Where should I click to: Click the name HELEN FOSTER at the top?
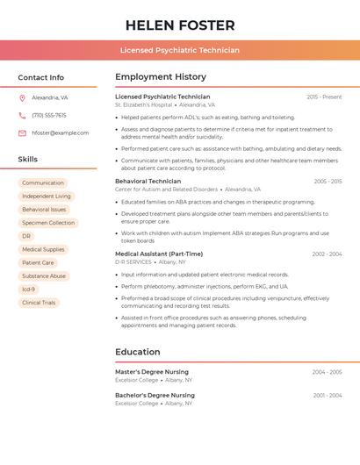pos(180,25)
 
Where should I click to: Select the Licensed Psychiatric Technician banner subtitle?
pos(180,50)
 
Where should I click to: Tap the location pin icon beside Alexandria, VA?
pos(22,98)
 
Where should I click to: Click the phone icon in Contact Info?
pos(22,115)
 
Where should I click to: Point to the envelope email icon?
pos(22,133)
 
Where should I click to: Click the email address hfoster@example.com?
pos(61,133)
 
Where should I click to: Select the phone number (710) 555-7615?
pos(49,115)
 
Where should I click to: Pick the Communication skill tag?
pos(43,182)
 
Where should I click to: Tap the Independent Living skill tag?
pos(47,197)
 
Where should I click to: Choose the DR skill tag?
pos(26,236)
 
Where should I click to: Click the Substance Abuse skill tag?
pos(44,275)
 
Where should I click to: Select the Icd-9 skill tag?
pos(29,289)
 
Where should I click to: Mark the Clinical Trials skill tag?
pos(39,303)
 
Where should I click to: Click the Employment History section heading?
pos(161,77)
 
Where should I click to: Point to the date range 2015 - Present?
pos(324,97)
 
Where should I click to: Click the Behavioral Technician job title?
pos(148,181)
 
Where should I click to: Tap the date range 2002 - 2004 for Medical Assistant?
pos(327,254)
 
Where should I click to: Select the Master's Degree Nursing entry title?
pos(152,372)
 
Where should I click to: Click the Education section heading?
pos(138,352)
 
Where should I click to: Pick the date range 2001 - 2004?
pos(328,396)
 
